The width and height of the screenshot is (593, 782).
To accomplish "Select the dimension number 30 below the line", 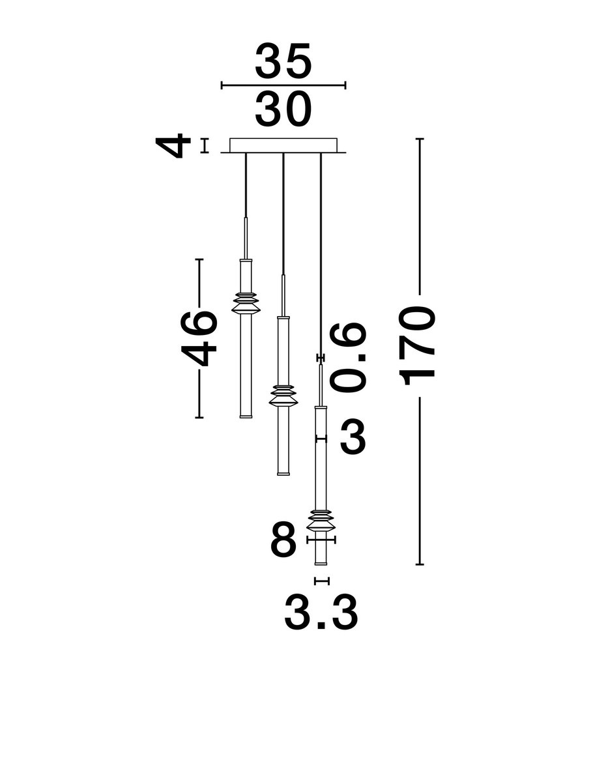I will (x=283, y=109).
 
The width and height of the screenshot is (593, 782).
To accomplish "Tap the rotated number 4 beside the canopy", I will (x=175, y=146).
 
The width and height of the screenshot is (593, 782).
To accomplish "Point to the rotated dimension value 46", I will (x=199, y=338).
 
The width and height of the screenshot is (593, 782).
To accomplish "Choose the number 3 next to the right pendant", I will (x=353, y=437).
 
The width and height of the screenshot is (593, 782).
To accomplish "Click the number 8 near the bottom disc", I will (x=283, y=540).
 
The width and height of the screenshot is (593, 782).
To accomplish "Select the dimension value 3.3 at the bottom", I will (x=321, y=613).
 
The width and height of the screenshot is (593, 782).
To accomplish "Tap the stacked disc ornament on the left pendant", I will (x=246, y=303).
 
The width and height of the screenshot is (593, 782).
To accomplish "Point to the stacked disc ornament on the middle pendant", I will (x=283, y=396).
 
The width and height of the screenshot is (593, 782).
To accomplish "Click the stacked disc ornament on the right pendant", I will (x=320, y=519).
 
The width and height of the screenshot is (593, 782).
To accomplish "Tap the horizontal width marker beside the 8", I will (x=321, y=540).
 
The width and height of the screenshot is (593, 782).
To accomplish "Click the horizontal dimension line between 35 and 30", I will (x=283, y=85).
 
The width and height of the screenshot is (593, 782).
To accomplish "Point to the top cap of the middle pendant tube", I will (x=283, y=318).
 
